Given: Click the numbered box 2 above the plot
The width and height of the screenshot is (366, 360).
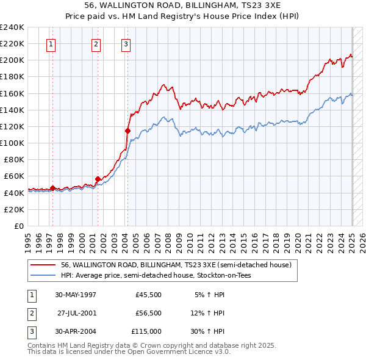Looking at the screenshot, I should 96,43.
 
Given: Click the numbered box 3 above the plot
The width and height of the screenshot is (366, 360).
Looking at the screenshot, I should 126,43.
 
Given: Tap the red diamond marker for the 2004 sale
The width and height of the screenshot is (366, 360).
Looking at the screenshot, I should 127,130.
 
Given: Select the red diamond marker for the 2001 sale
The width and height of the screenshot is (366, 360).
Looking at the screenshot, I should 98,179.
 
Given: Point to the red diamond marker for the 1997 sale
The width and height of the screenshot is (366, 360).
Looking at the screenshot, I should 52,188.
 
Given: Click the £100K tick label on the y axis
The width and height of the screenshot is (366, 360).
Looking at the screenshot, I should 12,143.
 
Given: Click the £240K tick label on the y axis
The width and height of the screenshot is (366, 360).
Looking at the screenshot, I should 12,27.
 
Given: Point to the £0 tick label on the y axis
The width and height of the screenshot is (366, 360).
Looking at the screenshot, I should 20,226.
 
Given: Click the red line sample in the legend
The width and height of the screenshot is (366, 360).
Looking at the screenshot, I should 42,265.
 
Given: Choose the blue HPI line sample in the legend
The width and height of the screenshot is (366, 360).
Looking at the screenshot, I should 42,275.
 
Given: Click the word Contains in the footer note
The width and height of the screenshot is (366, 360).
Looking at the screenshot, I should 43,345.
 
